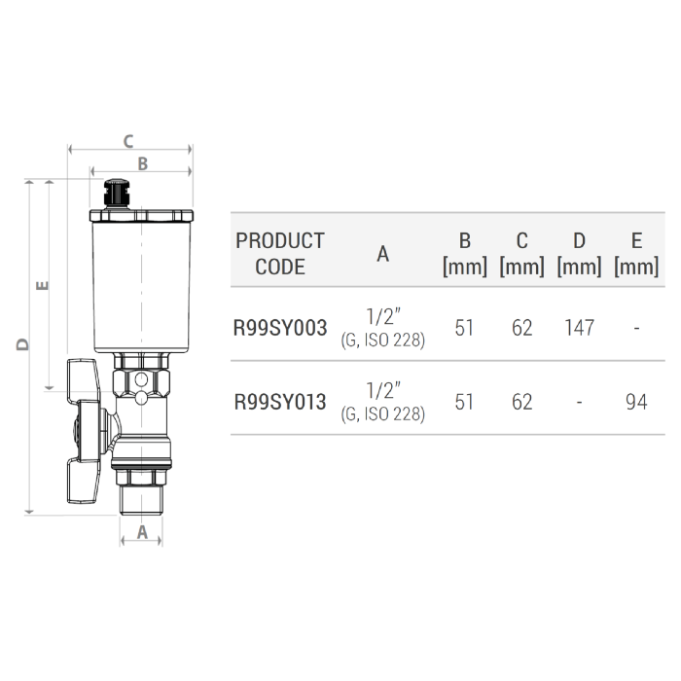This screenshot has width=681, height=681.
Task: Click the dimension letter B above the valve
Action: tap(142, 164)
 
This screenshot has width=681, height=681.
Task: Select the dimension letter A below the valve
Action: tap(142, 532)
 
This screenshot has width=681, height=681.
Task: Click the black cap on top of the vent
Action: tap(117, 192)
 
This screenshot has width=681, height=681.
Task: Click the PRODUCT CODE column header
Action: tap(280, 253)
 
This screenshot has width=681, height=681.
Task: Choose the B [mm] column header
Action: tap(464, 253)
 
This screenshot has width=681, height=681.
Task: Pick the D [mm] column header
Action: tap(579, 253)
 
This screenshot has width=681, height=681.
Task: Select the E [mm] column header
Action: tap(636, 253)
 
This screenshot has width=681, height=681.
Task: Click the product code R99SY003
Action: tap(280, 328)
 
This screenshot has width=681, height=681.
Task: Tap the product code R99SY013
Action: tap(280, 401)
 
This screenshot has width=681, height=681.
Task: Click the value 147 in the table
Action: tap(579, 328)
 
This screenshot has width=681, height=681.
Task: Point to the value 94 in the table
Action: tap(636, 401)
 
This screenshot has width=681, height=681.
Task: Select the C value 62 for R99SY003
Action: tap(522, 328)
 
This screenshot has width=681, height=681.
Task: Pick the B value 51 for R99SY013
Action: tap(464, 401)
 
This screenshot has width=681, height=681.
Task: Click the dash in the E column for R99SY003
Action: tap(636, 329)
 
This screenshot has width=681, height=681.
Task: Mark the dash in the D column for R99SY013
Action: tap(579, 402)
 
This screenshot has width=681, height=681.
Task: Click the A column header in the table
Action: tap(383, 254)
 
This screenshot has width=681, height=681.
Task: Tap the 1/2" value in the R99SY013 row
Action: tap(383, 390)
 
